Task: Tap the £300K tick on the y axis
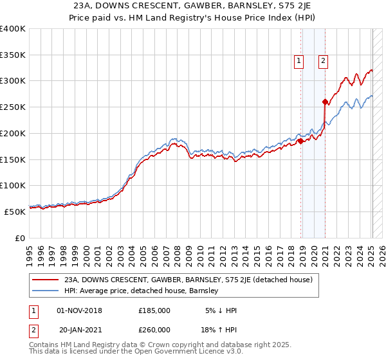pyautogui.click(x=13, y=81)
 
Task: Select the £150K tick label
pyautogui.click(x=13, y=159)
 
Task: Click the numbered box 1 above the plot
pyautogui.click(x=299, y=62)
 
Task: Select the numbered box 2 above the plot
pyautogui.click(x=322, y=62)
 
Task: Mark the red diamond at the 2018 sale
pyautogui.click(x=300, y=141)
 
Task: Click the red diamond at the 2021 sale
pyautogui.click(x=325, y=102)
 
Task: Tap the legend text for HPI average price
pyautogui.click(x=142, y=291)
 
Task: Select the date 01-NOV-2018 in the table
pyautogui.click(x=79, y=310)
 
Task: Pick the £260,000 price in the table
pyautogui.click(x=154, y=329)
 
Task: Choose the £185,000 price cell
pyautogui.click(x=154, y=310)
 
